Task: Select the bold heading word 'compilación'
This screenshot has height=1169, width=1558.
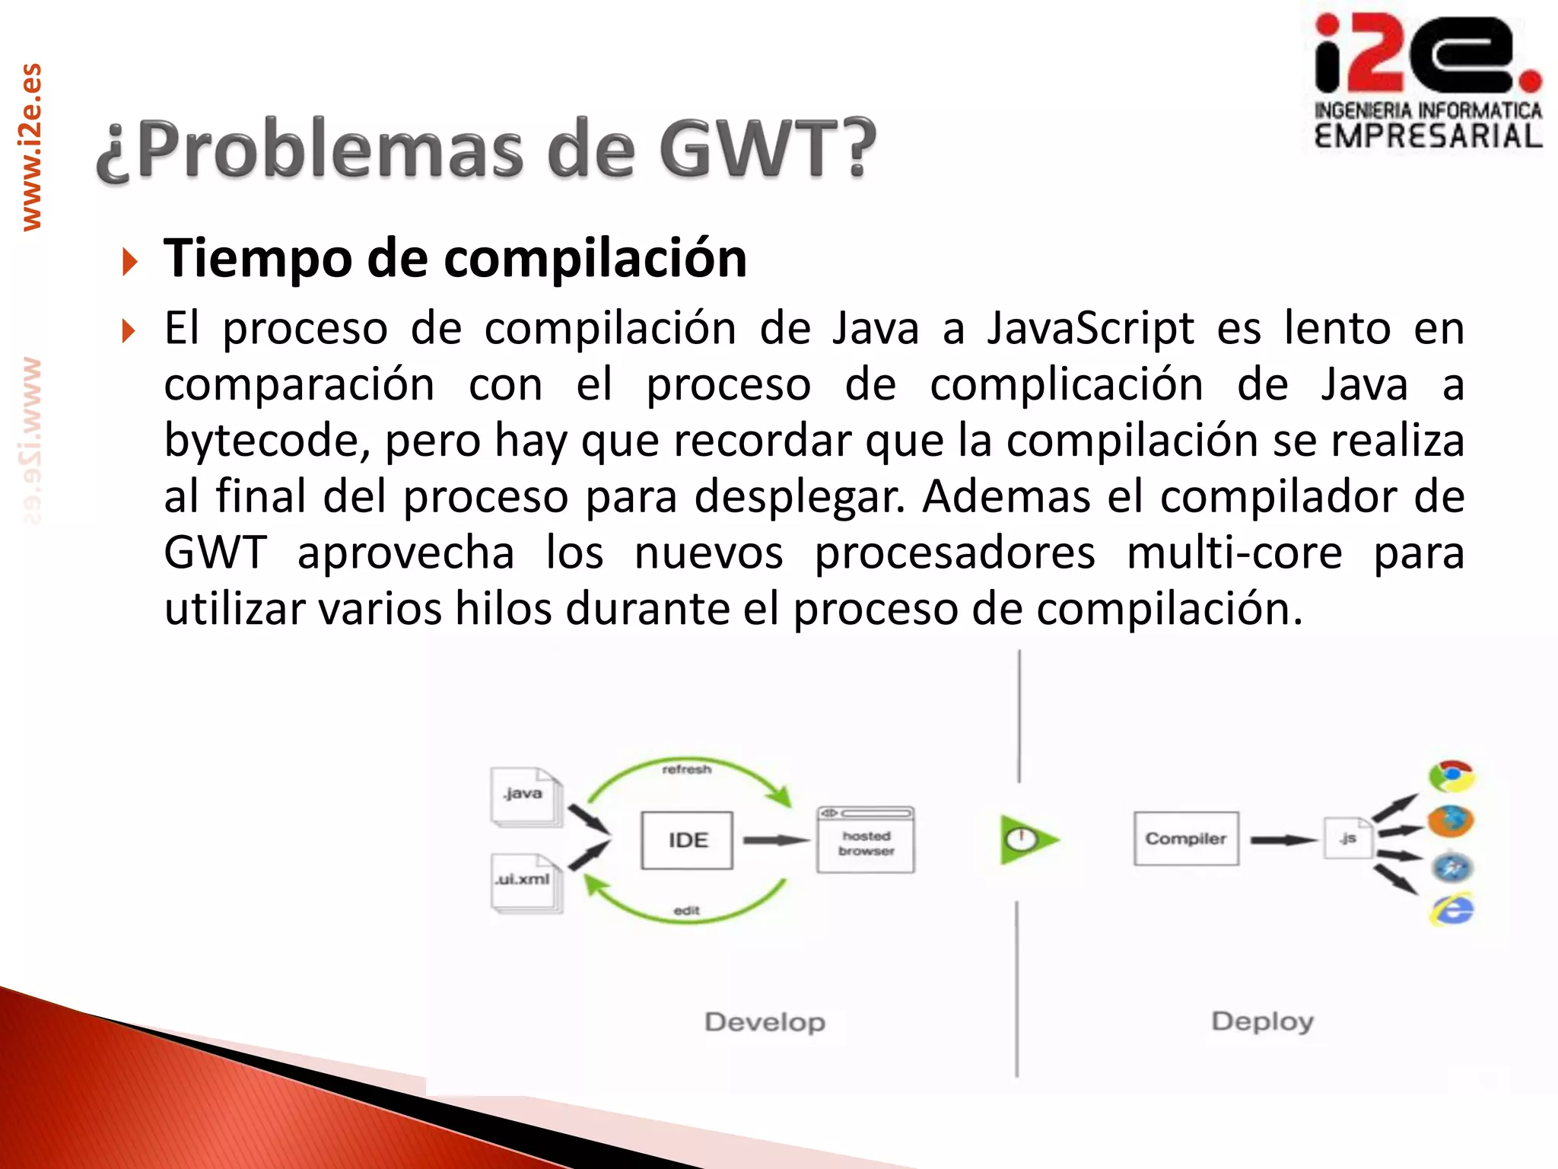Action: [595, 259]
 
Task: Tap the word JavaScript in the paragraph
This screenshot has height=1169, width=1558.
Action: [1090, 329]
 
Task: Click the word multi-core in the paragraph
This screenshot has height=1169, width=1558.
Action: [1234, 553]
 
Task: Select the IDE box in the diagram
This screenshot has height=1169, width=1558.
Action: [687, 840]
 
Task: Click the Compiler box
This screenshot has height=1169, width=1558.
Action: [1185, 839]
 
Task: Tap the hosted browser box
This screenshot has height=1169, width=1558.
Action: [866, 840]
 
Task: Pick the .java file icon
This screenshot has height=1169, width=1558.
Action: [525, 796]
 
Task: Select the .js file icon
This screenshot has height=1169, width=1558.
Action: [1347, 839]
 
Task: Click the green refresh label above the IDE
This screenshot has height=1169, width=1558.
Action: [686, 769]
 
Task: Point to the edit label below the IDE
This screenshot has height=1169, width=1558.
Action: [686, 910]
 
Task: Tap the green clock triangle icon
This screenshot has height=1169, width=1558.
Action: [1025, 839]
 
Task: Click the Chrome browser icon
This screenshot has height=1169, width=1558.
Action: [1451, 776]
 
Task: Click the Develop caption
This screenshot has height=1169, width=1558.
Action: [765, 1022]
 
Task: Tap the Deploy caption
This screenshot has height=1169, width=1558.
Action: [1262, 1021]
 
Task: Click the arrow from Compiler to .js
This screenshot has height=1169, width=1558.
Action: [1283, 840]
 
